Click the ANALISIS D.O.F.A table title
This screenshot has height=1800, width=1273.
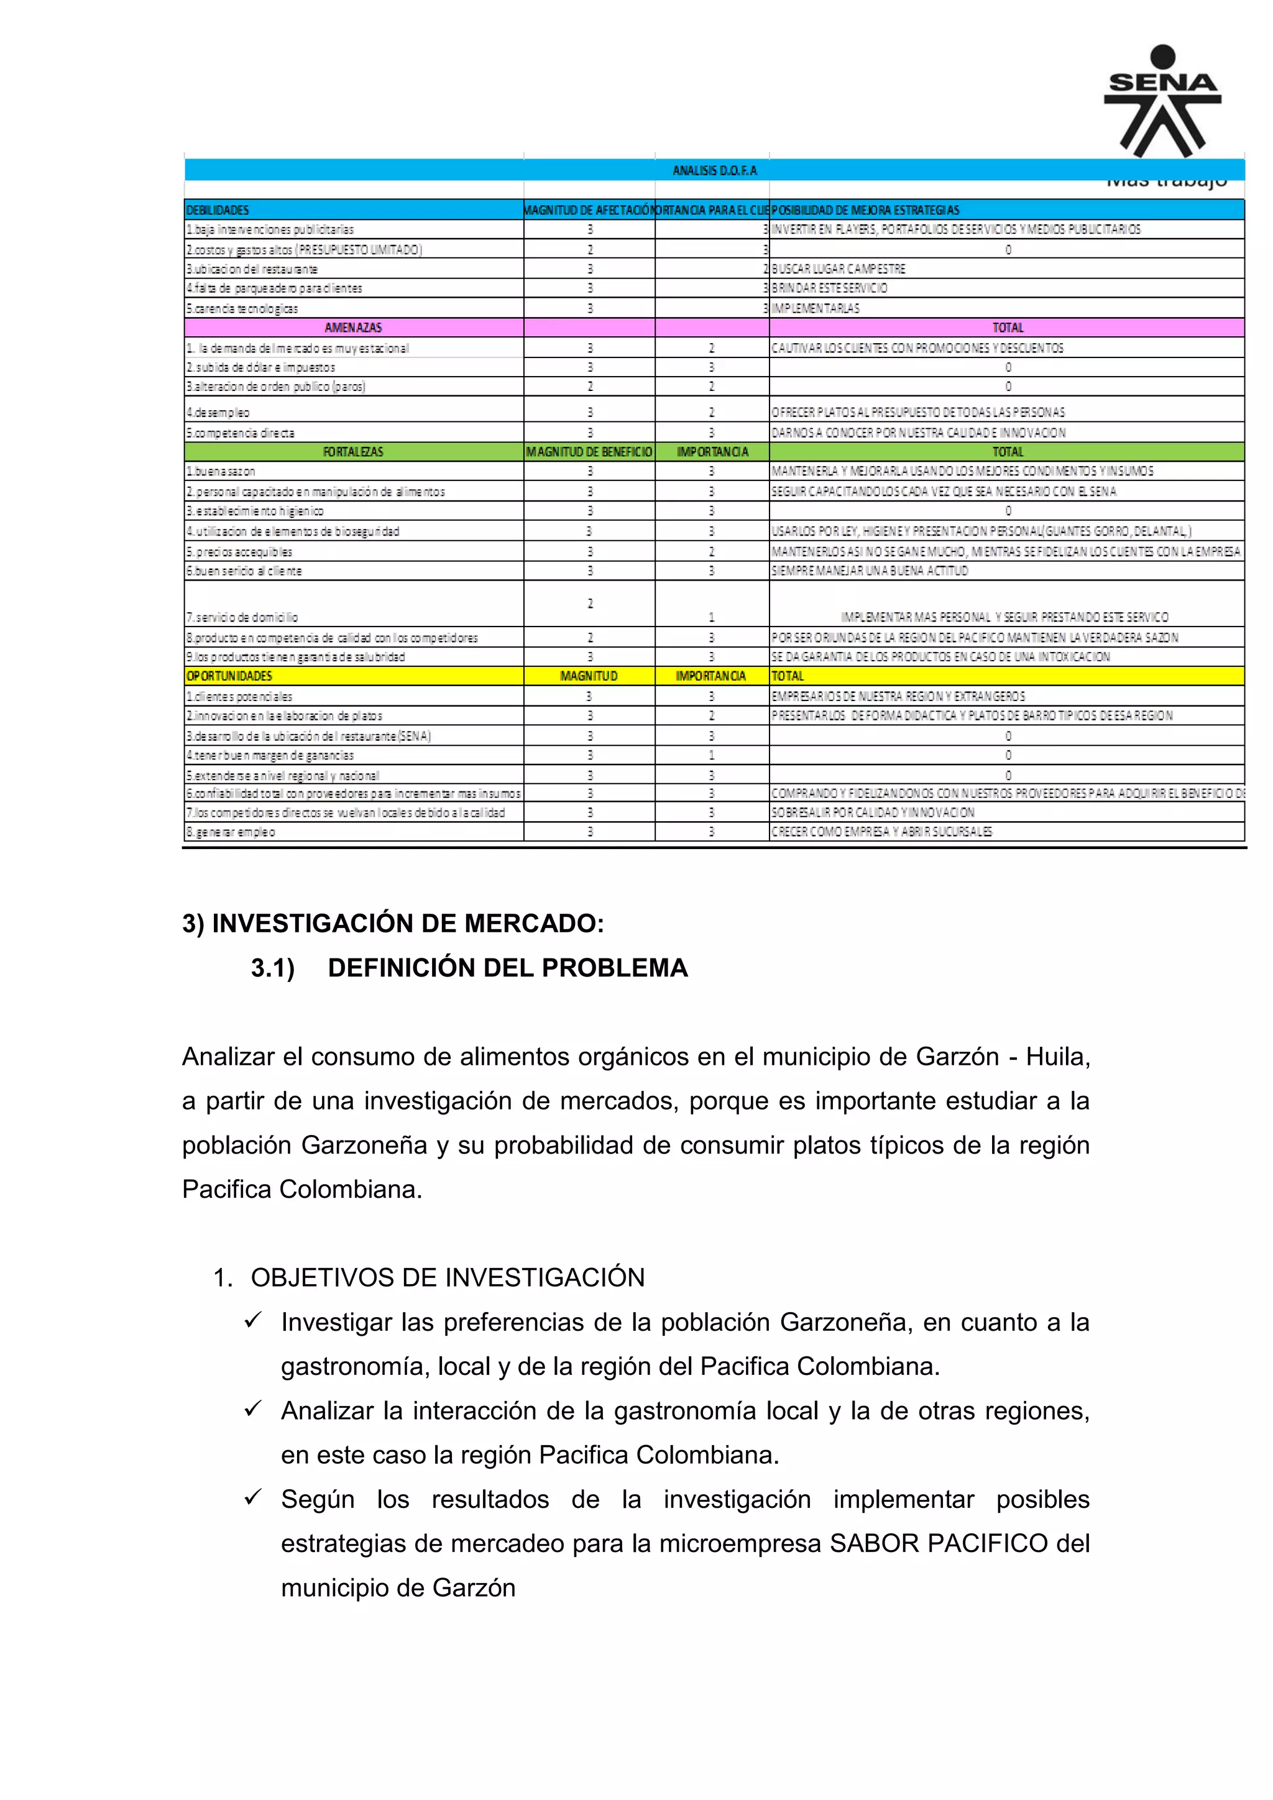pos(714,170)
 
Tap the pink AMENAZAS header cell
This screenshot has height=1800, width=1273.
pos(352,328)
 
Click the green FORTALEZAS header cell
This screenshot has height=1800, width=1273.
pos(352,452)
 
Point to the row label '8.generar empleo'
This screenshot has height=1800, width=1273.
pos(231,832)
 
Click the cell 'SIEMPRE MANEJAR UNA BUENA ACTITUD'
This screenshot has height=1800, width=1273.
pos(870,571)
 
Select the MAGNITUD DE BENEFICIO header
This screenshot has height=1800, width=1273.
pos(589,452)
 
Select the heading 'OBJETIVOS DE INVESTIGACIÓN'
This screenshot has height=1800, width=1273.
pos(447,1278)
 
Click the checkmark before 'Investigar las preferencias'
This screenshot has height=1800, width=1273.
pos(252,1321)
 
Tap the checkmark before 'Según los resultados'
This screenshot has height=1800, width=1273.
pos(252,1498)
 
